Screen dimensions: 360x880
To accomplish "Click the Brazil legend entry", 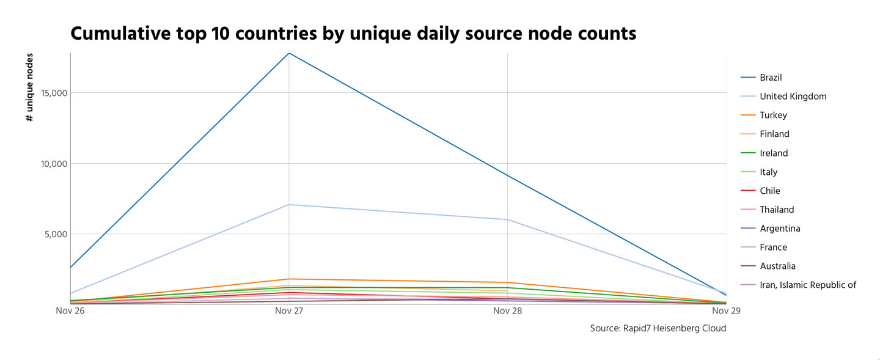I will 771,78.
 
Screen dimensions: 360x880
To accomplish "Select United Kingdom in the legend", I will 793,97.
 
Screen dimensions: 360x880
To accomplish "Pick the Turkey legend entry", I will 773,116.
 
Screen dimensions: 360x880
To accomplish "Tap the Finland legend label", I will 774,134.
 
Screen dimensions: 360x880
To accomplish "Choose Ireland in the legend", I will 774,153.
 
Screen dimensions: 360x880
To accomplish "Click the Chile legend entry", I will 770,191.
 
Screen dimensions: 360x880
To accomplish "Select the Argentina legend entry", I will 780,229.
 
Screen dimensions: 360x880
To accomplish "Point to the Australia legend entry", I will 777,266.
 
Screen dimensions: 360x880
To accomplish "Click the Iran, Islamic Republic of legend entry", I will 807,285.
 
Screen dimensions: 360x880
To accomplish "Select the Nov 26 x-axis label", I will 70,311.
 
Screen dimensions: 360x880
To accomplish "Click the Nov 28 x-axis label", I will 507,311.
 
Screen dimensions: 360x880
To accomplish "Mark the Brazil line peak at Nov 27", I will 288,53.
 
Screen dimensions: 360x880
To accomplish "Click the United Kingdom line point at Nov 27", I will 288,205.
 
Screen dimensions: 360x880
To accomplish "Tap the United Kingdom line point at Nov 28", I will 507,219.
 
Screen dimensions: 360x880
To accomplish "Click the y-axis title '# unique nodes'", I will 30,87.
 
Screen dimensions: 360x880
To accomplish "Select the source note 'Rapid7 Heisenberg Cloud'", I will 675,329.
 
